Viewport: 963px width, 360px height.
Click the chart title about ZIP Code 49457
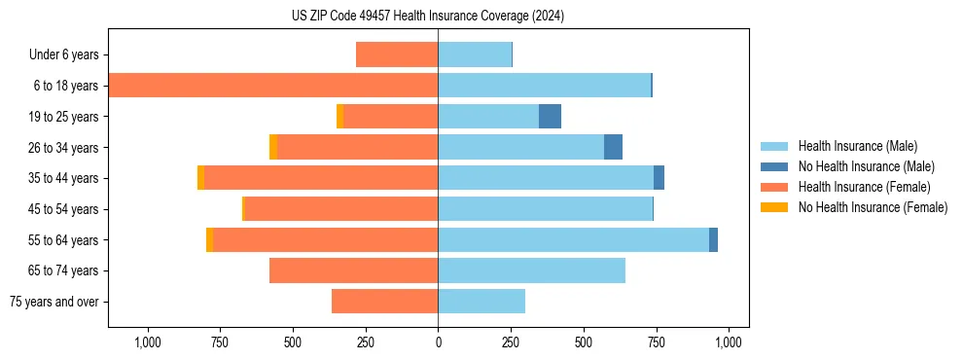(x=427, y=17)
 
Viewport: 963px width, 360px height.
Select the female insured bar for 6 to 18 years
(x=273, y=86)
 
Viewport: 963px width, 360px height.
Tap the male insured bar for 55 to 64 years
(x=574, y=239)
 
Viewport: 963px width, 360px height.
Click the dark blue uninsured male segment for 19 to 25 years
(x=550, y=117)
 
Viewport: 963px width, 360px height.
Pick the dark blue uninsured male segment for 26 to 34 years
(x=613, y=147)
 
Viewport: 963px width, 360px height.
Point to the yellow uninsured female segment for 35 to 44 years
(x=200, y=178)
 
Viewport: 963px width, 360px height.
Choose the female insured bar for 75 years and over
(x=385, y=302)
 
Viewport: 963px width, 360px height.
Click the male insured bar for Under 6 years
(x=475, y=54)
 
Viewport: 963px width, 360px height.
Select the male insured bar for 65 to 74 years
(x=531, y=270)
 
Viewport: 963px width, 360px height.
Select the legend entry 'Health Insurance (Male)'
(x=857, y=146)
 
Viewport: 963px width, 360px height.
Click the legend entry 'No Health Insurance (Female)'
(x=873, y=207)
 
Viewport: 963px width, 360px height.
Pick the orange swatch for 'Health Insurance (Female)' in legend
(x=775, y=187)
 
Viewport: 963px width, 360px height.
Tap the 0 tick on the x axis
(x=438, y=342)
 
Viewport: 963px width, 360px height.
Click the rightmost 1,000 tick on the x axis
(x=729, y=342)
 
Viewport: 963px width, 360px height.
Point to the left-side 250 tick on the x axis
(x=366, y=342)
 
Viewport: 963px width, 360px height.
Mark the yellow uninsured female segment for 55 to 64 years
(x=209, y=239)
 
